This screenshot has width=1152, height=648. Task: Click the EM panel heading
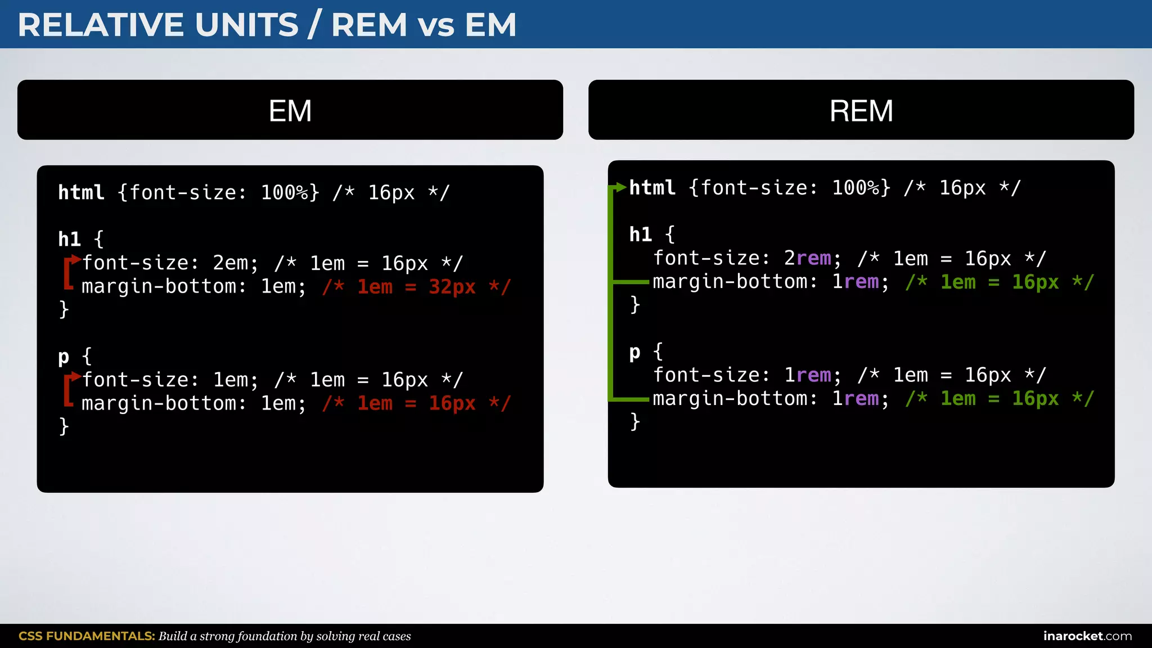coord(290,110)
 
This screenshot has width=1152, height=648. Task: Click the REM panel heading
coord(861,110)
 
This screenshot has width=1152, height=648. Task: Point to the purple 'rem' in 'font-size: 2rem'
coord(813,258)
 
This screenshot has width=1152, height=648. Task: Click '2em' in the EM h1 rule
coord(230,263)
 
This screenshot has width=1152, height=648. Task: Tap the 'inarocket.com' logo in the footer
coord(1087,636)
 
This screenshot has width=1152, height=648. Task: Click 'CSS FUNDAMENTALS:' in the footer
coord(87,636)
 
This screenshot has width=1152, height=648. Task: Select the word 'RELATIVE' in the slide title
coord(101,25)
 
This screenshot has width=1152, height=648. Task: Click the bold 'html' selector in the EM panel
coord(81,192)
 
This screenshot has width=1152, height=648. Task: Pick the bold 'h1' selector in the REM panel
coord(640,234)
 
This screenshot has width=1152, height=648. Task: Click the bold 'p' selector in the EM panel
coord(64,357)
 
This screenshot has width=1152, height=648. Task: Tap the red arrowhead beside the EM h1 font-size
coord(76,259)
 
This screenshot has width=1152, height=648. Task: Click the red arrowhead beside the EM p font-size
coord(76,376)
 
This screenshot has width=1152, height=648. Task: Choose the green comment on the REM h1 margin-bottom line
coord(1000,282)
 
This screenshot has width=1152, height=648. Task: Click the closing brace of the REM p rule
coord(635,421)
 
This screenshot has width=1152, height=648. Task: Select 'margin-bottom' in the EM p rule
coord(159,403)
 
